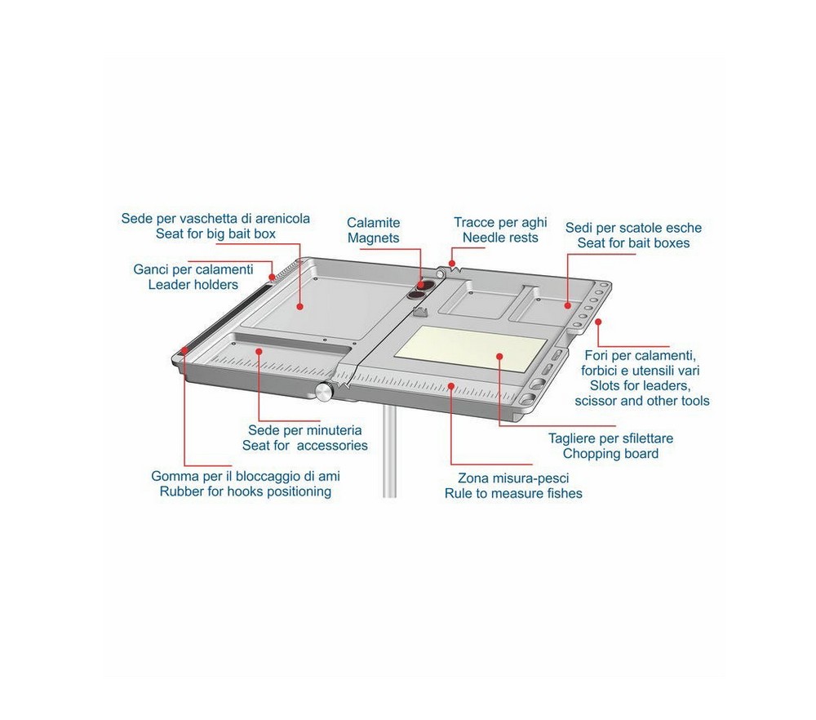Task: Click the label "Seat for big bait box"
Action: tap(215, 233)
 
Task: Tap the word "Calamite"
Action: tap(374, 223)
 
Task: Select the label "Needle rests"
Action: tap(500, 238)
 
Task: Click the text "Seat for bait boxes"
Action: tap(633, 243)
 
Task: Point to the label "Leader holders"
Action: tap(193, 285)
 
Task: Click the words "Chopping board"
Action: tap(610, 453)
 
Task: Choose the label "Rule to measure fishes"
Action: tap(513, 494)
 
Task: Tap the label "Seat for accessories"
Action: tap(305, 446)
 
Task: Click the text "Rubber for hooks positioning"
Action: tap(245, 491)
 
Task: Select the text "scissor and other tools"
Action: tap(642, 401)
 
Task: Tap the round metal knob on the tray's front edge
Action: tap(324, 391)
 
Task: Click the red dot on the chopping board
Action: tap(499, 357)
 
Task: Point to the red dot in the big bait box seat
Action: tap(299, 307)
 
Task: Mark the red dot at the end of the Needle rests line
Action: tap(452, 264)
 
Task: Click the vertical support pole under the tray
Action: tap(389, 451)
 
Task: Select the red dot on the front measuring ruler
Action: tap(450, 386)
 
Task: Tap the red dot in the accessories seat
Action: tap(259, 351)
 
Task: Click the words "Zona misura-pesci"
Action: tap(513, 478)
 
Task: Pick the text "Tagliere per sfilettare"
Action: tap(610, 438)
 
